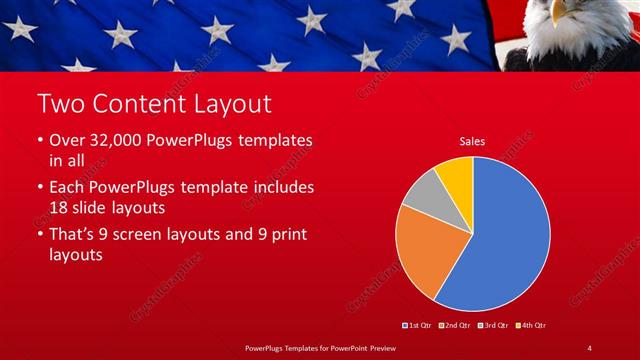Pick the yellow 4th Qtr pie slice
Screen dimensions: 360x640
(x=455, y=175)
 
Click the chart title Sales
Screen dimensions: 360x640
(x=472, y=142)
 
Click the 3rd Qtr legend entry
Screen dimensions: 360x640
(x=496, y=326)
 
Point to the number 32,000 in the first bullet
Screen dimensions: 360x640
(x=117, y=141)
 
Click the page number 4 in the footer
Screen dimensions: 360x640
(x=589, y=348)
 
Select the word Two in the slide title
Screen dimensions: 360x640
(x=57, y=103)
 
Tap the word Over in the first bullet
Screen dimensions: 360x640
(x=66, y=141)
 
